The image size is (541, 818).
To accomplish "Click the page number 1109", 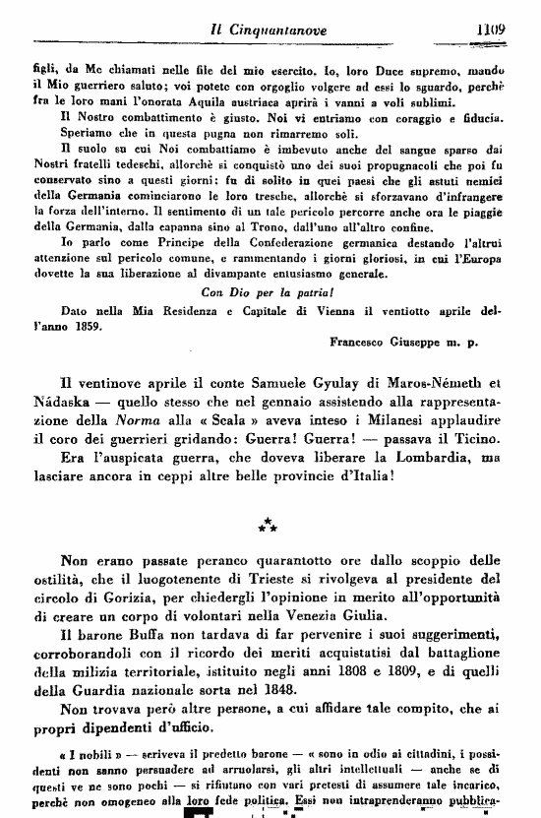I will click(486, 30).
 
